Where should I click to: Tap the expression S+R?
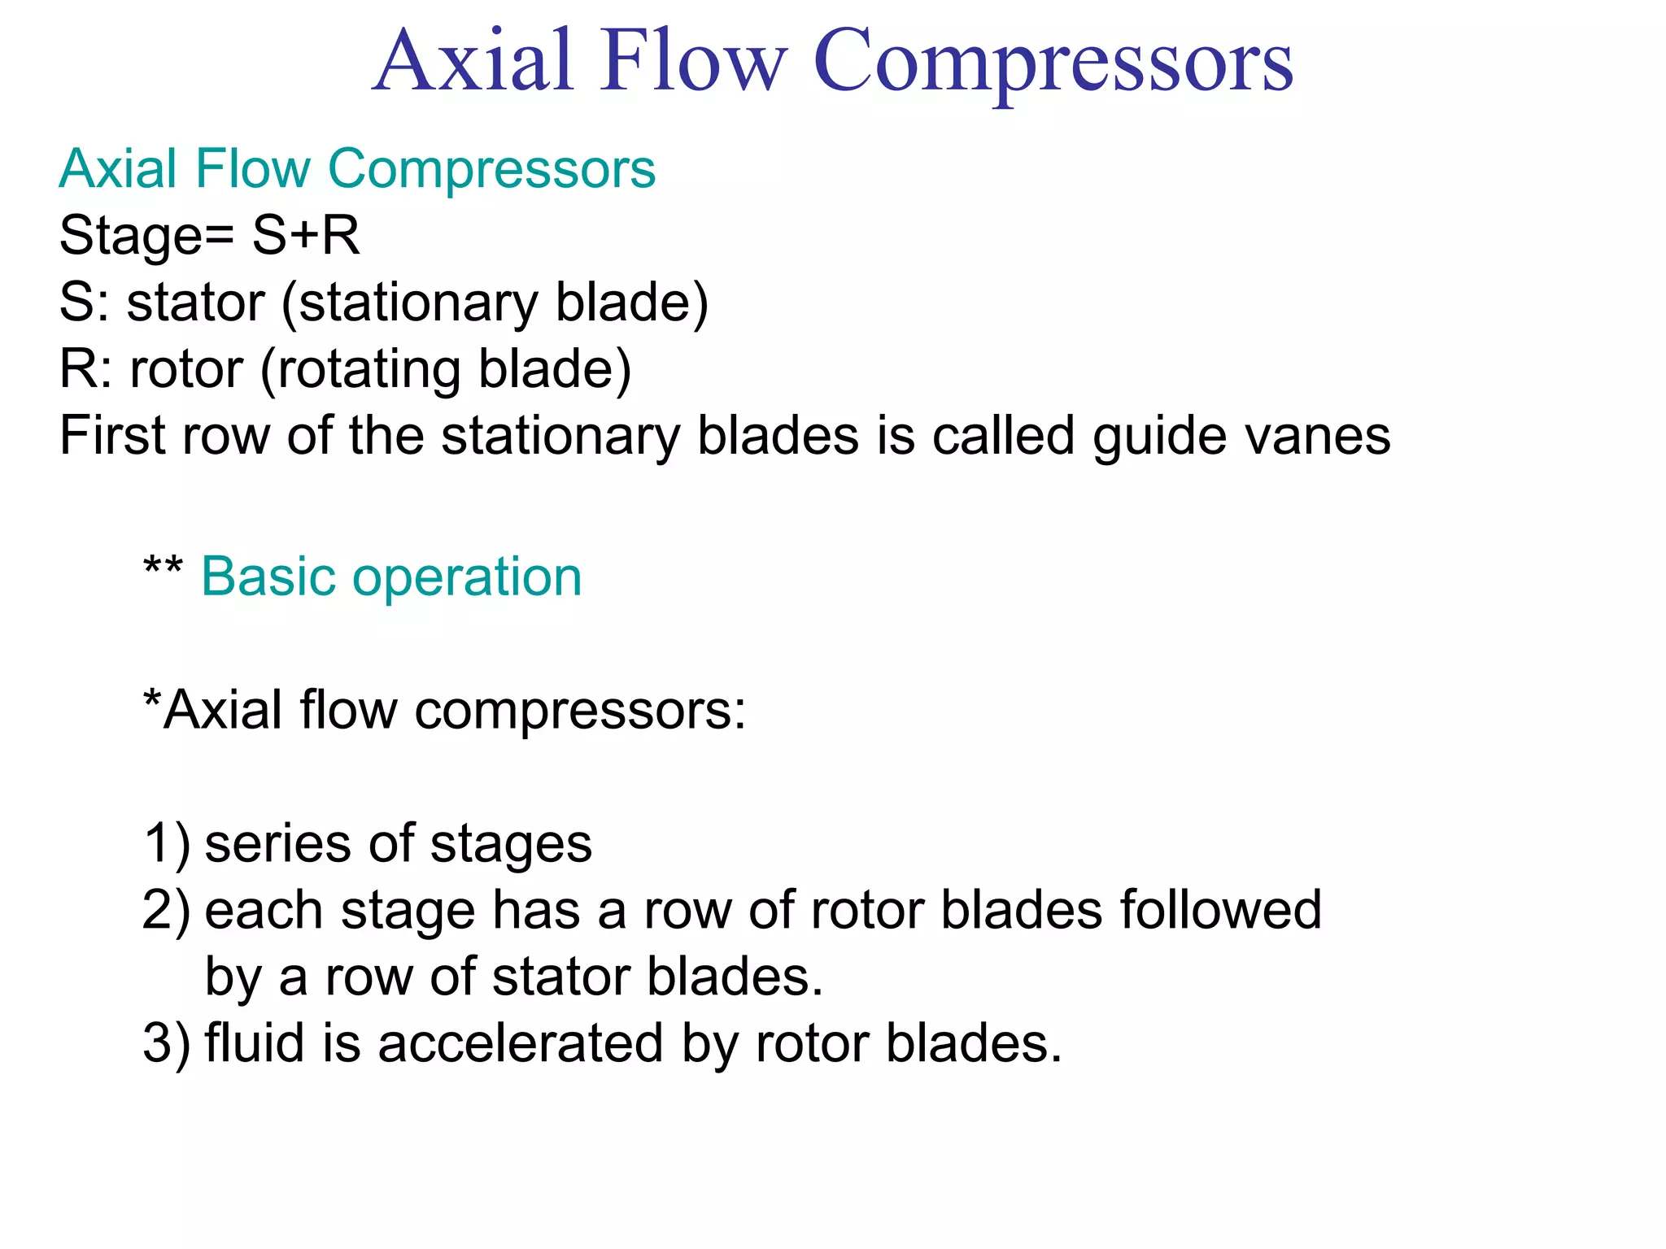306,236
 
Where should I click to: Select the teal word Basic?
268,577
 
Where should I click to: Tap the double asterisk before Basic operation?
163,566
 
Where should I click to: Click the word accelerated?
521,1043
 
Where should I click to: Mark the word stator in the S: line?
195,303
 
